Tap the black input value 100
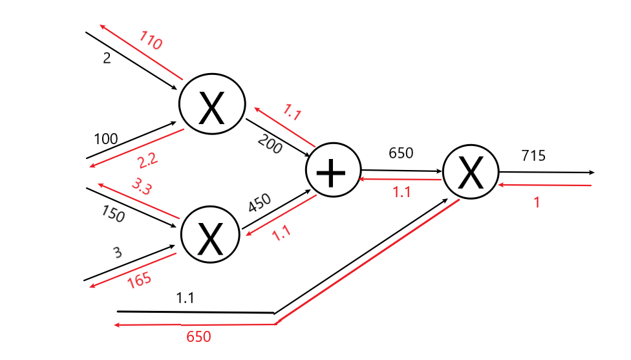106,139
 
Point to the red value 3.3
142,186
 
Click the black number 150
113,214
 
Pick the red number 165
140,280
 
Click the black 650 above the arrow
400,153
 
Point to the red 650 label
198,337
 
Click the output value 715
533,156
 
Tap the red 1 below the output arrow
536,202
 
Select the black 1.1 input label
186,299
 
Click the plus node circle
333,172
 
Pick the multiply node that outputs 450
210,235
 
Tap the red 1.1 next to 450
281,233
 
